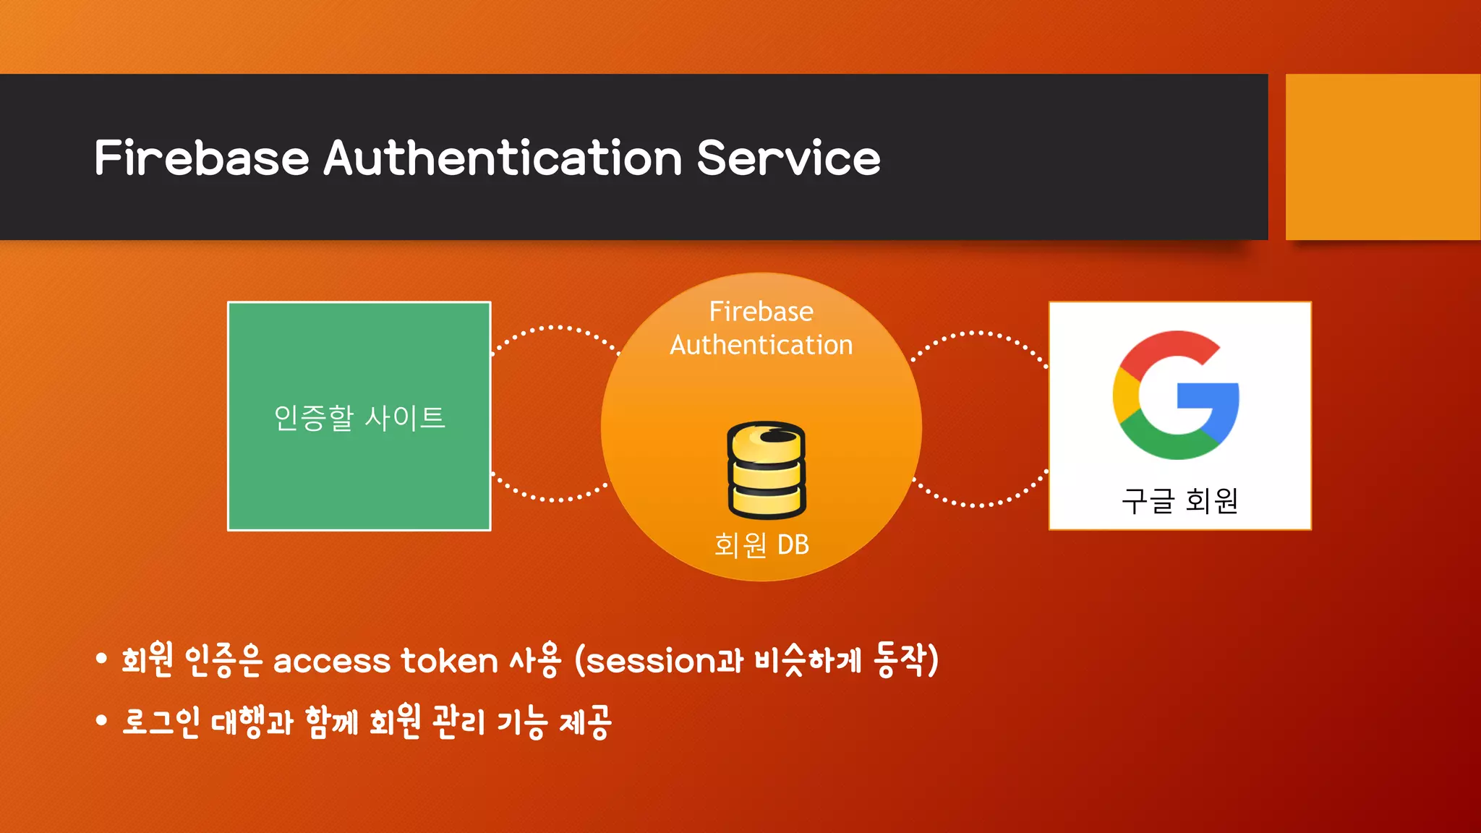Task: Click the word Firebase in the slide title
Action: [x=201, y=158]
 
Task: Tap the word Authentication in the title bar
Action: [x=503, y=158]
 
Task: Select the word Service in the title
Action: [x=788, y=158]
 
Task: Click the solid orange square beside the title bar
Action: [x=1382, y=157]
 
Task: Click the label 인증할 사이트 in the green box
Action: [x=359, y=418]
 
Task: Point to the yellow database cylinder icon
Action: [x=766, y=469]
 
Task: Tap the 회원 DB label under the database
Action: [x=761, y=545]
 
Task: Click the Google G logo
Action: [x=1176, y=395]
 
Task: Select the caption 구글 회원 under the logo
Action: [x=1179, y=501]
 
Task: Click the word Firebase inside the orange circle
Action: [x=761, y=312]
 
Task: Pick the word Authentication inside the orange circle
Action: [x=761, y=345]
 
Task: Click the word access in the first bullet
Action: [x=332, y=661]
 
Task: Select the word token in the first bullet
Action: [x=449, y=661]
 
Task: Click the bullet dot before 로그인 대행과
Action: [x=101, y=720]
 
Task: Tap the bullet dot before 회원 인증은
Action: [x=101, y=658]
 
